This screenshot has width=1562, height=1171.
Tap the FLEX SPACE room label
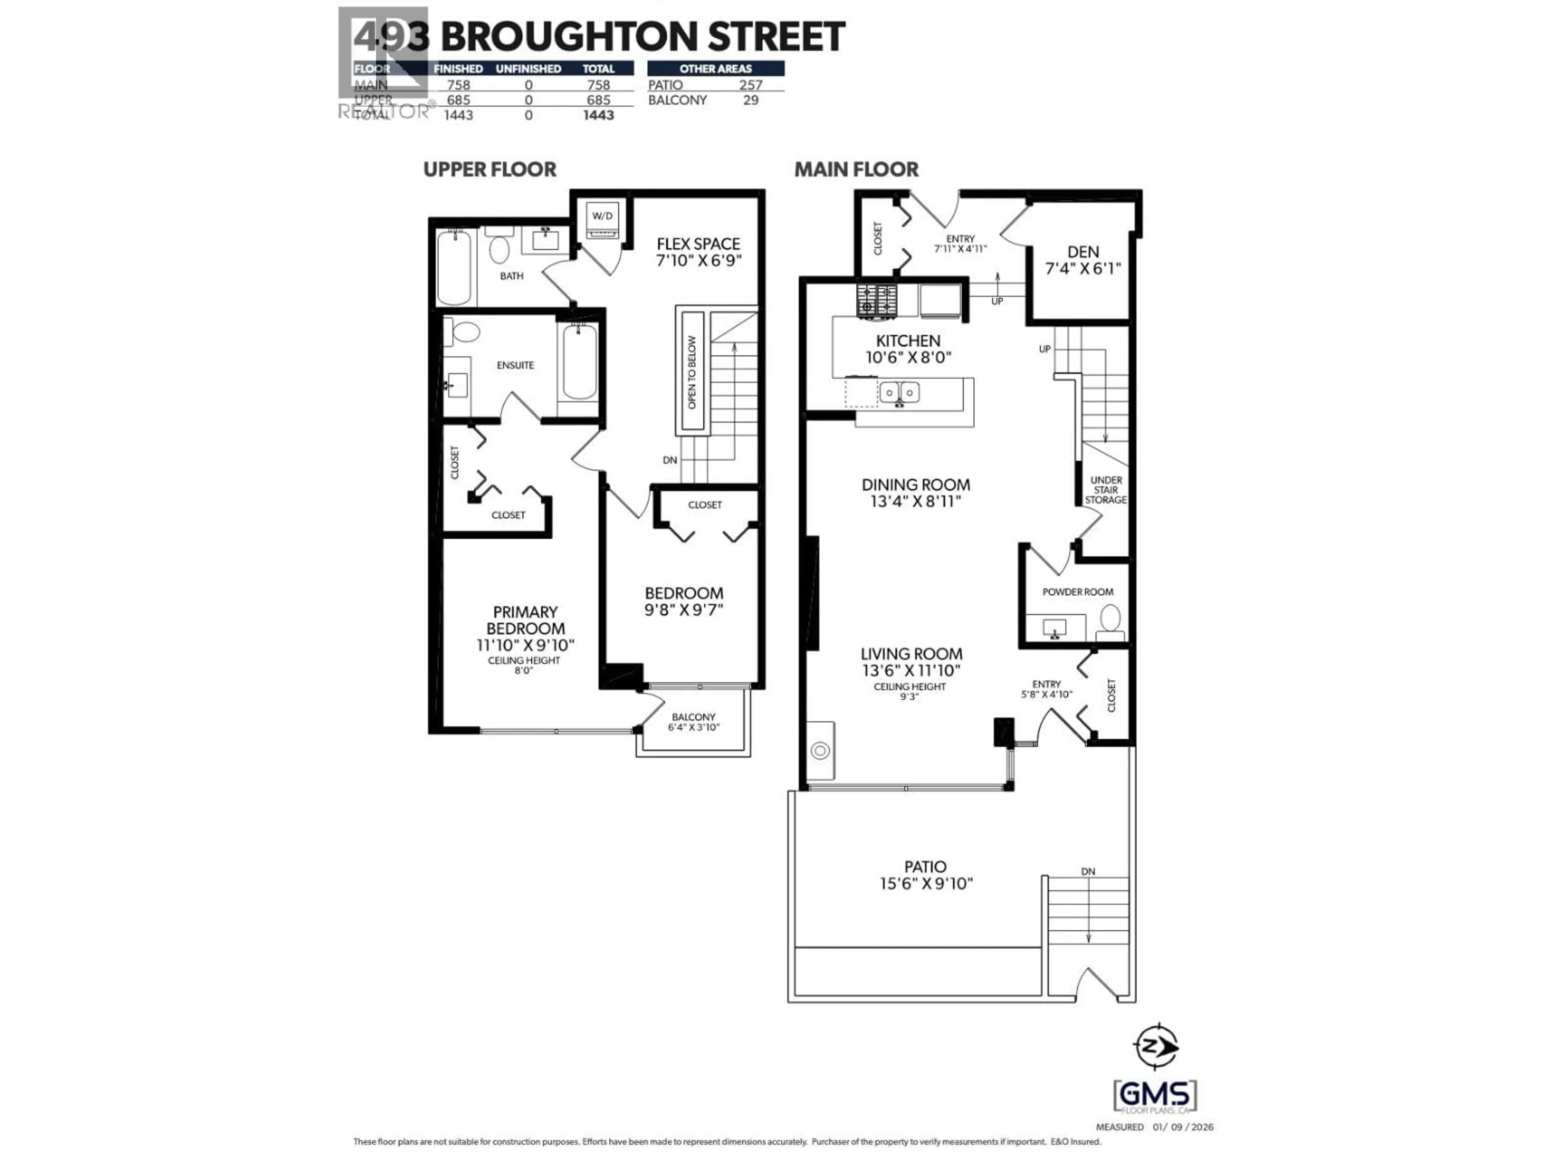pyautogui.click(x=698, y=244)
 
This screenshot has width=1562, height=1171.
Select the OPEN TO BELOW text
pyautogui.click(x=692, y=372)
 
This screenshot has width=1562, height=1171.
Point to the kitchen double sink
pyautogui.click(x=899, y=392)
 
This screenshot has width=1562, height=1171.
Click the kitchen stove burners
pyautogui.click(x=877, y=299)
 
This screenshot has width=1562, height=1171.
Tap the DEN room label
pyautogui.click(x=1082, y=252)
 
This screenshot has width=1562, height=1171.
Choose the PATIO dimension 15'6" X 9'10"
pyautogui.click(x=926, y=884)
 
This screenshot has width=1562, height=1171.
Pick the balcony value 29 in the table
pyautogui.click(x=750, y=100)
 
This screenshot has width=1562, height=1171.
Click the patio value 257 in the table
pyautogui.click(x=750, y=85)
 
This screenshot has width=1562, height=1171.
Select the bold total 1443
pyautogui.click(x=598, y=115)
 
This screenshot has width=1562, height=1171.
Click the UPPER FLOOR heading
pyautogui.click(x=489, y=170)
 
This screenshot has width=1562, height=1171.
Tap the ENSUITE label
pyautogui.click(x=515, y=365)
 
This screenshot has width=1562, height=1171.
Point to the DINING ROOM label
pyautogui.click(x=916, y=485)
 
